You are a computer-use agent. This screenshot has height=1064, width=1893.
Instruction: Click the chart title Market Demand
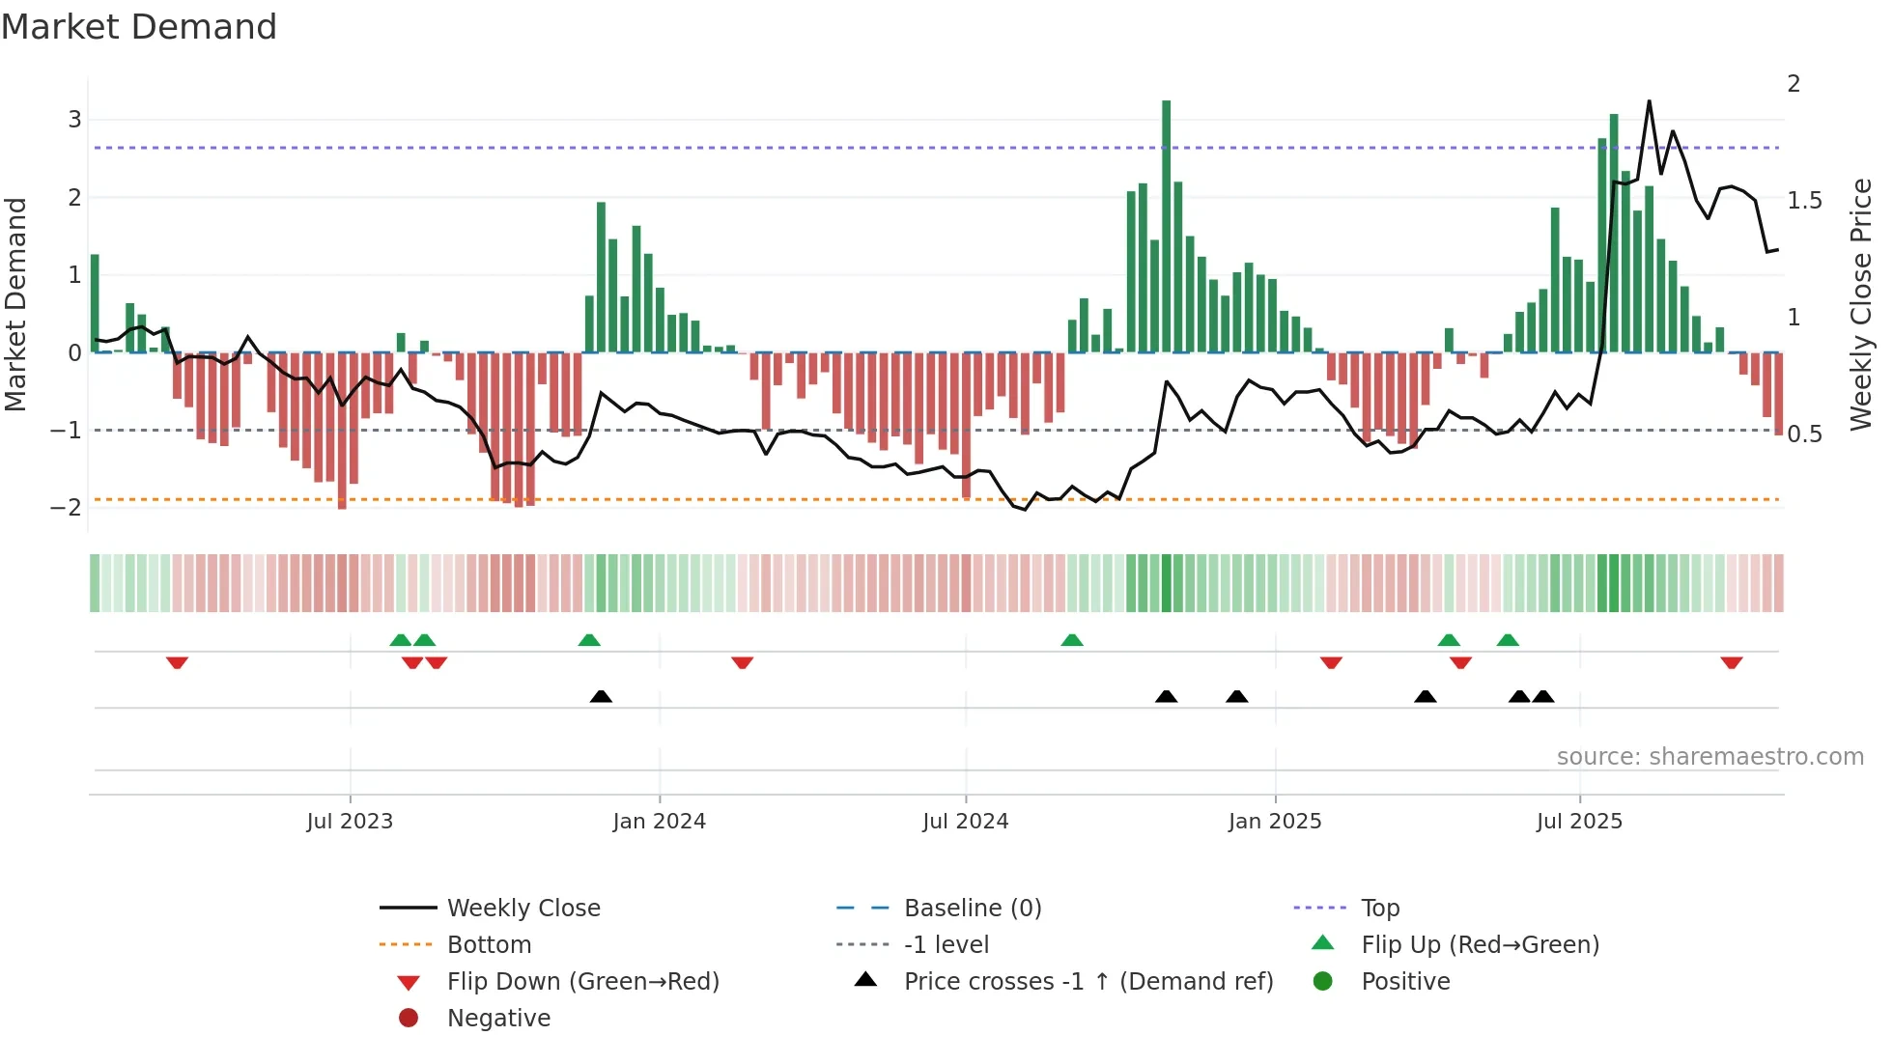click(x=139, y=27)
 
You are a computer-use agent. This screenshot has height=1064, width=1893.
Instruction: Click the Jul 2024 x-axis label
click(x=965, y=822)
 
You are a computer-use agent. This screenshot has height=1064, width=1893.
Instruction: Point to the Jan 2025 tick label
click(x=1274, y=822)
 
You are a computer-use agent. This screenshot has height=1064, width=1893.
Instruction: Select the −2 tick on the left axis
click(x=67, y=508)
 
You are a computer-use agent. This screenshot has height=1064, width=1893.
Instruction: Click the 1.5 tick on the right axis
click(x=1804, y=201)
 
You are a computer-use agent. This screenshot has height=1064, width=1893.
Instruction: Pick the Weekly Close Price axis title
click(x=1860, y=304)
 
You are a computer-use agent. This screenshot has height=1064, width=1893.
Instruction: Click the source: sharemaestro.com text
click(x=1709, y=757)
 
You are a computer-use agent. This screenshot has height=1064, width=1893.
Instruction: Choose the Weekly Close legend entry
click(x=523, y=909)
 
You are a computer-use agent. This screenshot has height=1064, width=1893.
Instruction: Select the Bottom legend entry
click(x=489, y=945)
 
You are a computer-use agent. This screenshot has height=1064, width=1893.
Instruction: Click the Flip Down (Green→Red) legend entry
click(x=582, y=982)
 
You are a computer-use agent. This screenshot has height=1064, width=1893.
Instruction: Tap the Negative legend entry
click(x=498, y=1019)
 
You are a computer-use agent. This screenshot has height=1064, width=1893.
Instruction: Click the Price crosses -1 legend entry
click(x=1088, y=982)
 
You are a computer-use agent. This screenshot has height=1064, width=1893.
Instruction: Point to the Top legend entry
click(x=1379, y=909)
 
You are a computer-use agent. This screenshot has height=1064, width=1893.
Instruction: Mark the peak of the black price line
click(x=1649, y=101)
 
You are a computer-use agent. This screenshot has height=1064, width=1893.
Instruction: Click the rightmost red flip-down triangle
click(x=1731, y=663)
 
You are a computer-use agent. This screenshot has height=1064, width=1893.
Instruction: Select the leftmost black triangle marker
click(x=601, y=696)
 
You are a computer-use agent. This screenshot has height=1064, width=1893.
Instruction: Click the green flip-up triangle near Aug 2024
click(x=1071, y=640)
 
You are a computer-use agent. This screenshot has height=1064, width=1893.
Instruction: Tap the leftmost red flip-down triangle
click(x=177, y=663)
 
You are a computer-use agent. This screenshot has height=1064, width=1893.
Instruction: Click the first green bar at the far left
click(x=95, y=304)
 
